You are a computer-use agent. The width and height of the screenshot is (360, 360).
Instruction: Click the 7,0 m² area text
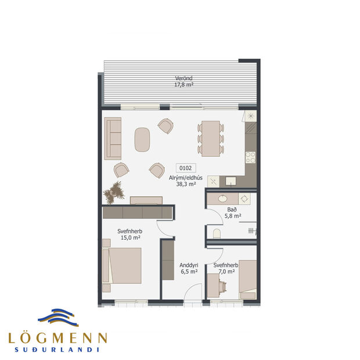coord(224,271)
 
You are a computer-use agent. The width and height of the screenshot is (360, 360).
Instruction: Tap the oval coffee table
coord(142,139)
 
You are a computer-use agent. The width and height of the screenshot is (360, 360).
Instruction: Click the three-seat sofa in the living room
coord(113,138)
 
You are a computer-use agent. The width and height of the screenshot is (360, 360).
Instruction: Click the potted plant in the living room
coord(114,191)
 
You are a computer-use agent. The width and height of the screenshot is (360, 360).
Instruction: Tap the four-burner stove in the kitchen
coord(250,156)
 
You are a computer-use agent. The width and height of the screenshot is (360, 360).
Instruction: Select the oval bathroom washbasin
coord(222,199)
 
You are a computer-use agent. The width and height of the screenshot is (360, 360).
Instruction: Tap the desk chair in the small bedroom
coord(224,285)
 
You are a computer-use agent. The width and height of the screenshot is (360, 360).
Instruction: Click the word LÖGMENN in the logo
coord(57,337)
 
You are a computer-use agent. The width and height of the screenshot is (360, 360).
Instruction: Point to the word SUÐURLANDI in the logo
coord(57,350)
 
